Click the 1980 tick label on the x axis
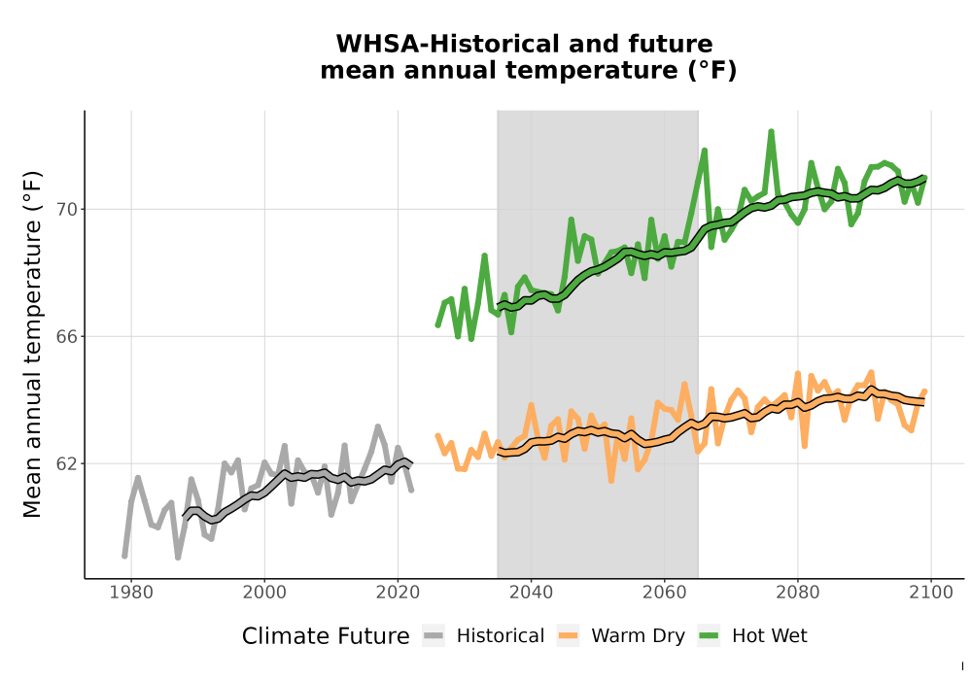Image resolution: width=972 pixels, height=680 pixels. (x=131, y=593)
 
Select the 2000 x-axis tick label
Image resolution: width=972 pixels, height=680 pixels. (x=264, y=593)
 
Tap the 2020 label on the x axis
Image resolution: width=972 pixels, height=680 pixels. (x=398, y=593)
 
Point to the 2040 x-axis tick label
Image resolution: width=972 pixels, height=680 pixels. (x=532, y=593)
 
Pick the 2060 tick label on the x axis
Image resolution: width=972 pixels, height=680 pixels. (x=665, y=593)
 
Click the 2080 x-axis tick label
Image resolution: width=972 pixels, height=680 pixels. (x=798, y=593)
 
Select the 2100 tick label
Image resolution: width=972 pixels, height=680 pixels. (x=931, y=593)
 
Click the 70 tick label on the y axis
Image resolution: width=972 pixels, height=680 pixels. (x=67, y=209)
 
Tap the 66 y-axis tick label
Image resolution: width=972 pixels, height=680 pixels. (x=67, y=336)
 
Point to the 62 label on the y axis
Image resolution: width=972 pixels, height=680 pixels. (x=67, y=463)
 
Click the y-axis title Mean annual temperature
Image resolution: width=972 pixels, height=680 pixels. (x=32, y=344)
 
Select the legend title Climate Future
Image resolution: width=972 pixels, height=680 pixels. (x=326, y=636)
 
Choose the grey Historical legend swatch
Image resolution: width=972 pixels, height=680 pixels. (x=434, y=636)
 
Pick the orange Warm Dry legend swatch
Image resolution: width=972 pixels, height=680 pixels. (x=568, y=636)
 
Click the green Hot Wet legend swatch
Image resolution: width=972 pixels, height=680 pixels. (x=709, y=636)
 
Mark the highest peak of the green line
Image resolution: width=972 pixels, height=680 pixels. (x=771, y=131)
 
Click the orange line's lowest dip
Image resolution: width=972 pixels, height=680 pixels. (x=611, y=481)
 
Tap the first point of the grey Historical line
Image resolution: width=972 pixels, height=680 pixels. (x=124, y=556)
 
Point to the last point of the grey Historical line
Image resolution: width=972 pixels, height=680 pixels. (x=411, y=490)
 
